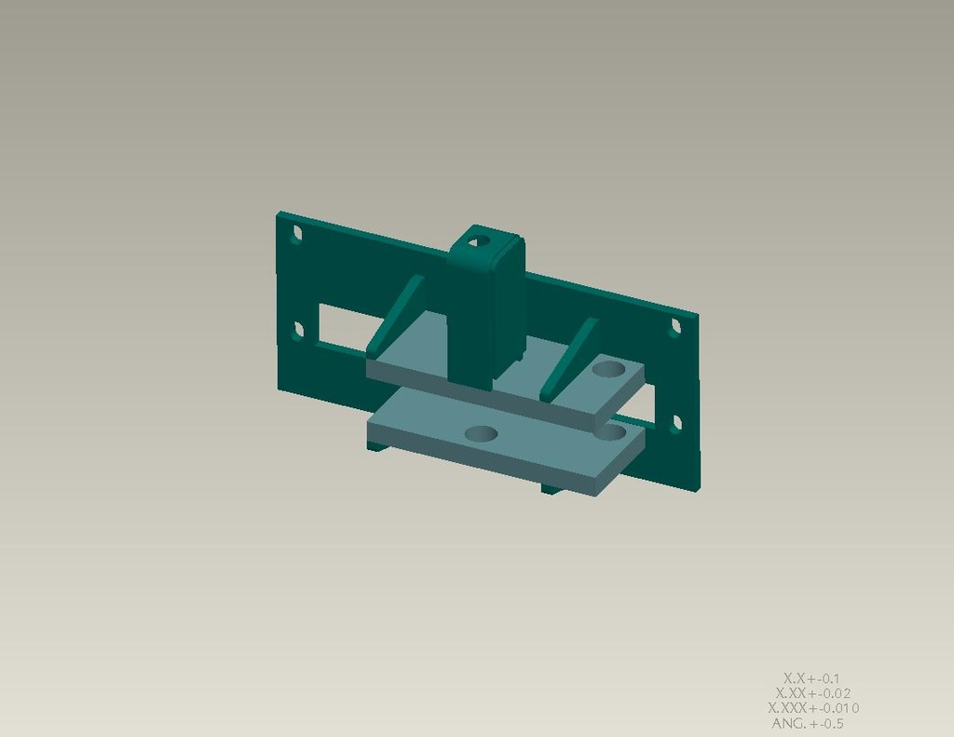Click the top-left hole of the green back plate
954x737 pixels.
pyautogui.click(x=297, y=234)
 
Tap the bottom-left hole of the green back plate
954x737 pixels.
pyautogui.click(x=298, y=331)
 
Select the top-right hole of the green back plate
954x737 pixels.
pyautogui.click(x=675, y=327)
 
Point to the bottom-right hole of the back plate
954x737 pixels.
pyautogui.click(x=676, y=422)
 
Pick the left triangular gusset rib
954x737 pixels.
pyautogui.click(x=395, y=317)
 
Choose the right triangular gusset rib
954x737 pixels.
pyautogui.click(x=570, y=359)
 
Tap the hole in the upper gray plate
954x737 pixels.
pyautogui.click(x=609, y=368)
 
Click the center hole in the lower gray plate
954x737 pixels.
pyautogui.click(x=481, y=434)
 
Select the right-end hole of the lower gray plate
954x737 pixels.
pyautogui.click(x=611, y=432)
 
